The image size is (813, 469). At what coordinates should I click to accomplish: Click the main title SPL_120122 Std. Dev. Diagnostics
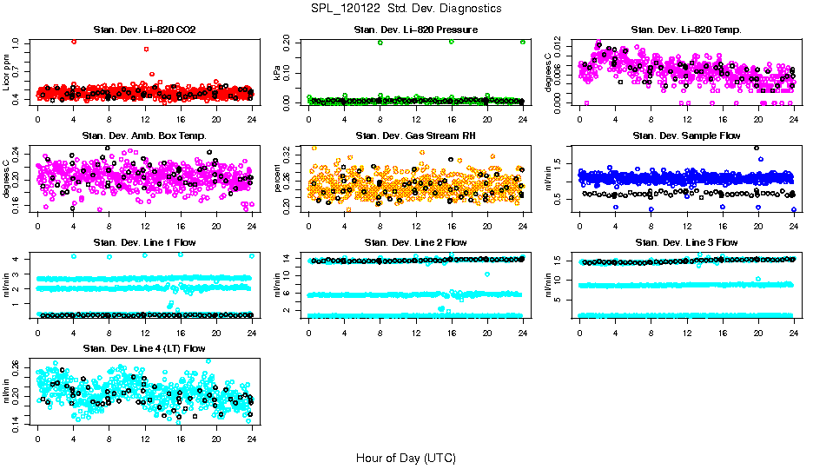tap(406, 8)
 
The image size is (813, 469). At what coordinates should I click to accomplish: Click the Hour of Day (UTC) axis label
tap(406, 457)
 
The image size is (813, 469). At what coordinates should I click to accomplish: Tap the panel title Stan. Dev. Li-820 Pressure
tap(415, 30)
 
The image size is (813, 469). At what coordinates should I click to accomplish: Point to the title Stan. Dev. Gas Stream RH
tap(415, 135)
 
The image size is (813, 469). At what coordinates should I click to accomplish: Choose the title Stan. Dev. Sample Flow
tap(686, 135)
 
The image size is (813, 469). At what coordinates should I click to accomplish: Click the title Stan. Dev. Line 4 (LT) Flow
tap(144, 348)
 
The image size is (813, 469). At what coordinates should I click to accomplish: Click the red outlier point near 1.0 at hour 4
tap(74, 42)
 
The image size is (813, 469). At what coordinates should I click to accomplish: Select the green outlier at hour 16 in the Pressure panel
tap(452, 42)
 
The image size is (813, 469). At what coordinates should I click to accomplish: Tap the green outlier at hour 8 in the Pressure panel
tap(380, 43)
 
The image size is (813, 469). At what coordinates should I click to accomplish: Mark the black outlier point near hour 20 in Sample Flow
tap(757, 148)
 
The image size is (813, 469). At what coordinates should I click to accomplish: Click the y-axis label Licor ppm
tap(7, 73)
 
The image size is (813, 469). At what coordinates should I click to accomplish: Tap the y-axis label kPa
tap(278, 73)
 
